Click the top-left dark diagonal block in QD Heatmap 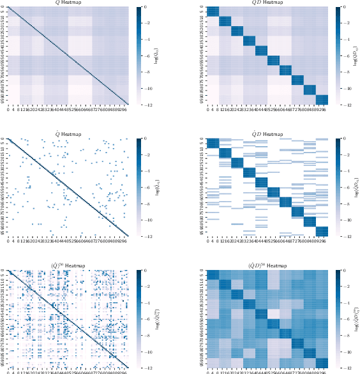click(213, 11)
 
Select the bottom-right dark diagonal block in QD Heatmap click(322, 98)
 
